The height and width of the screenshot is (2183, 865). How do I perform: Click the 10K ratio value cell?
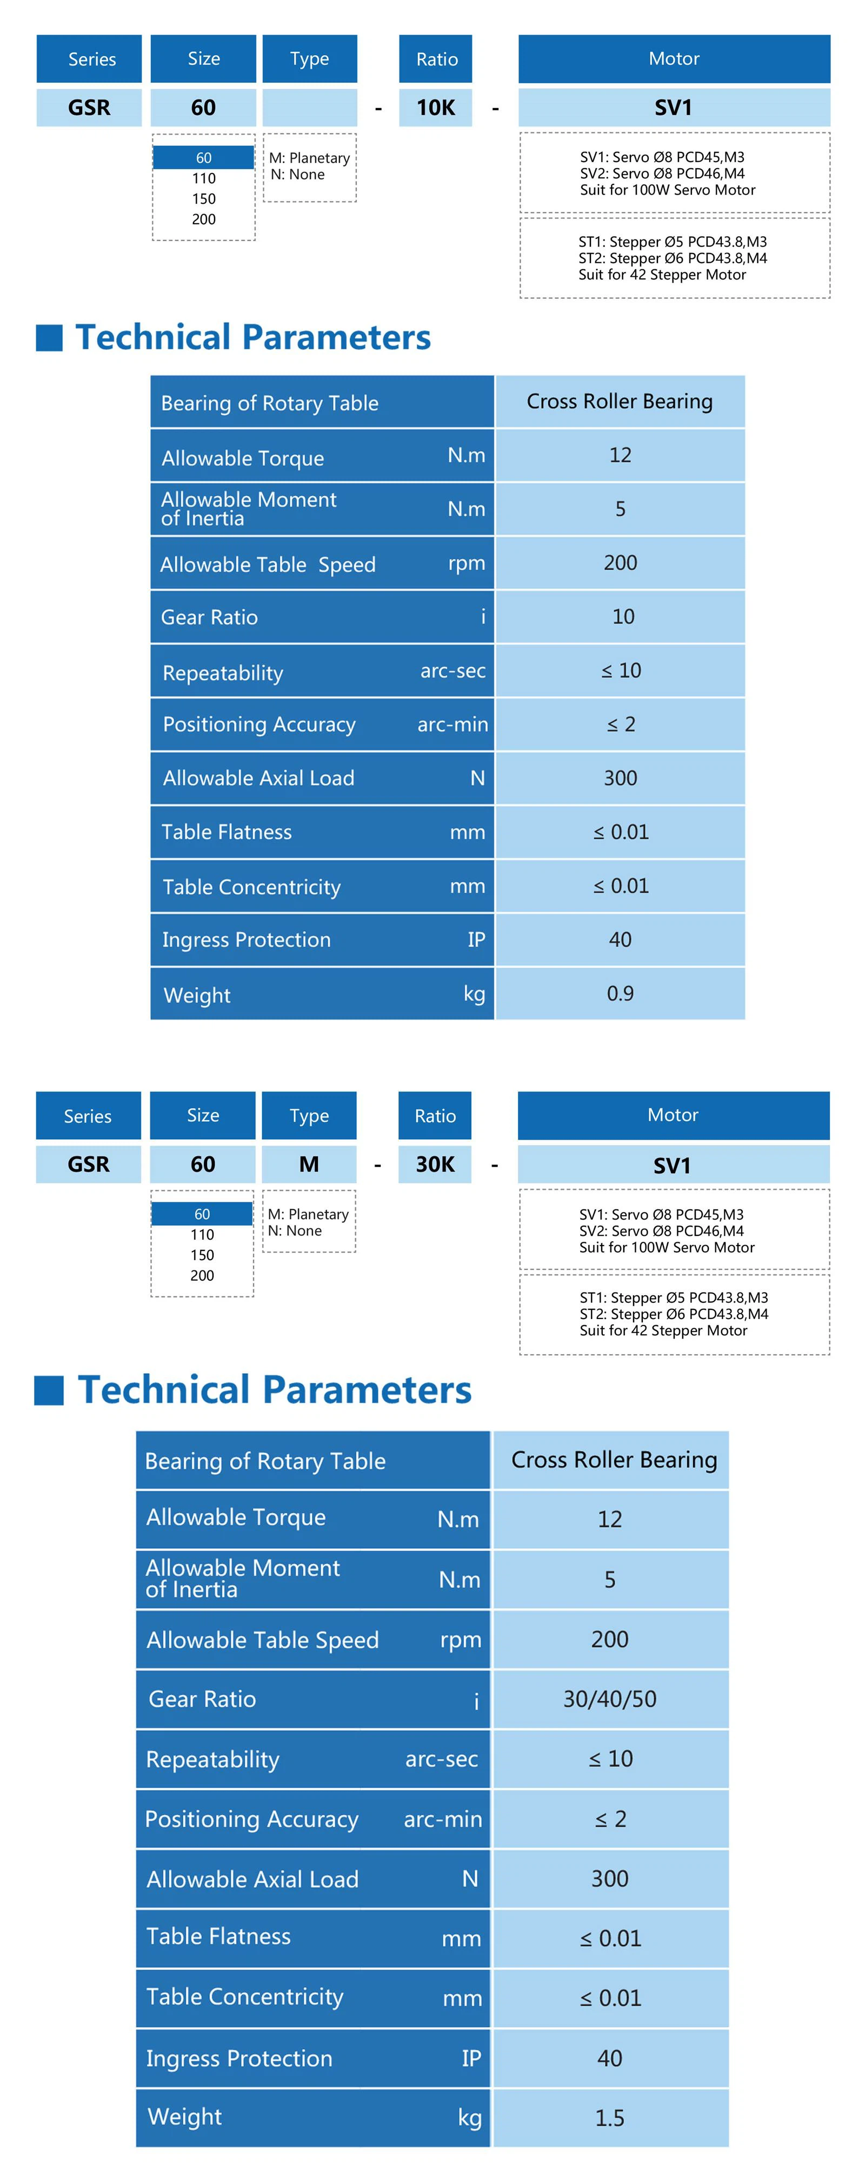(x=435, y=108)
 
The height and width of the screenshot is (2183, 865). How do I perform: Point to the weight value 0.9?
(x=620, y=993)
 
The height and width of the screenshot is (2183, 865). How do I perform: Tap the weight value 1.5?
(x=609, y=2117)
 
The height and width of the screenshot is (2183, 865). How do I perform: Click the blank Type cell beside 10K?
(x=309, y=108)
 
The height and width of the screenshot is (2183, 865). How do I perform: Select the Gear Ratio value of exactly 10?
(x=623, y=616)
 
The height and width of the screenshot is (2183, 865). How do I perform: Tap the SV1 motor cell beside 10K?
(x=674, y=108)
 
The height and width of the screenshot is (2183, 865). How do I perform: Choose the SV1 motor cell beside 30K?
(x=673, y=1165)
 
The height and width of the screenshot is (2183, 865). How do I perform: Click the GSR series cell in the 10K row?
(x=89, y=108)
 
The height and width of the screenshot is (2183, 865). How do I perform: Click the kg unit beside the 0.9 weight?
(x=474, y=993)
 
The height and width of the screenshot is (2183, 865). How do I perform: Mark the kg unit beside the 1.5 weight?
(x=469, y=2118)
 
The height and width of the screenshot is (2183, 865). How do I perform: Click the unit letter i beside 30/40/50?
(x=476, y=1700)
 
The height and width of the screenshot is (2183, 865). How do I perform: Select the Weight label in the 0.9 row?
(x=197, y=995)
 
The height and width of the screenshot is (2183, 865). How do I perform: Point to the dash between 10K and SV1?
(x=495, y=109)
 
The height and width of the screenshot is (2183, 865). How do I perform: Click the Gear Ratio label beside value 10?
(x=209, y=617)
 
